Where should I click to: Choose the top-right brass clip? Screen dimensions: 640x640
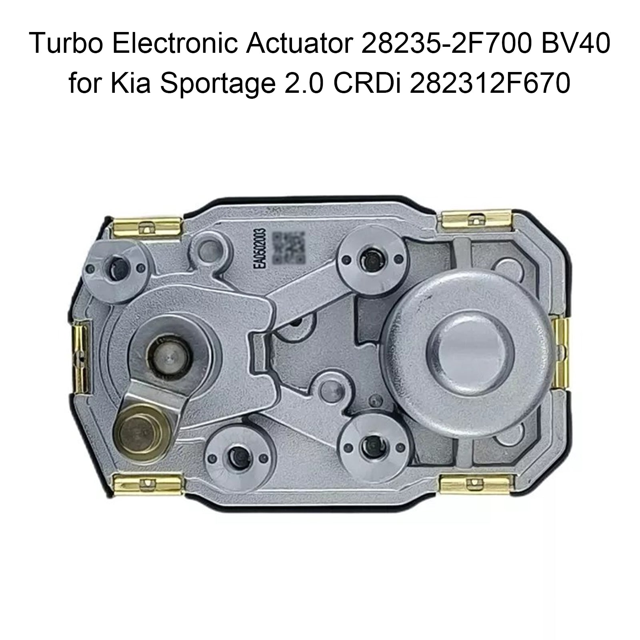(x=474, y=221)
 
